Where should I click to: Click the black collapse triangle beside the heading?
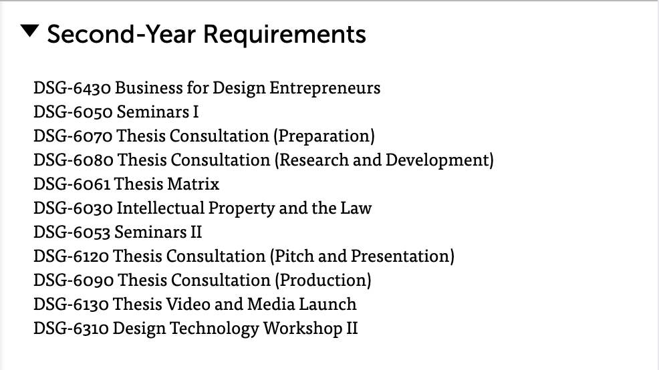(29, 31)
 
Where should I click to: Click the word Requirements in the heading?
(285, 35)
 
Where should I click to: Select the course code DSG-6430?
(72, 87)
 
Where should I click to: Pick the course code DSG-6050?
(73, 112)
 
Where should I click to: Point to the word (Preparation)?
(324, 136)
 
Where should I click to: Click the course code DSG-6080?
(74, 160)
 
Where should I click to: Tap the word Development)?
(440, 160)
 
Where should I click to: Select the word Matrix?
(193, 184)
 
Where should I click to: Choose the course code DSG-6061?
(72, 184)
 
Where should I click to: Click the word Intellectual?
(160, 208)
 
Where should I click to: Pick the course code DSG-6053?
(72, 232)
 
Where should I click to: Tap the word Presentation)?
(402, 256)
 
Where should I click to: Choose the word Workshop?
(303, 329)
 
